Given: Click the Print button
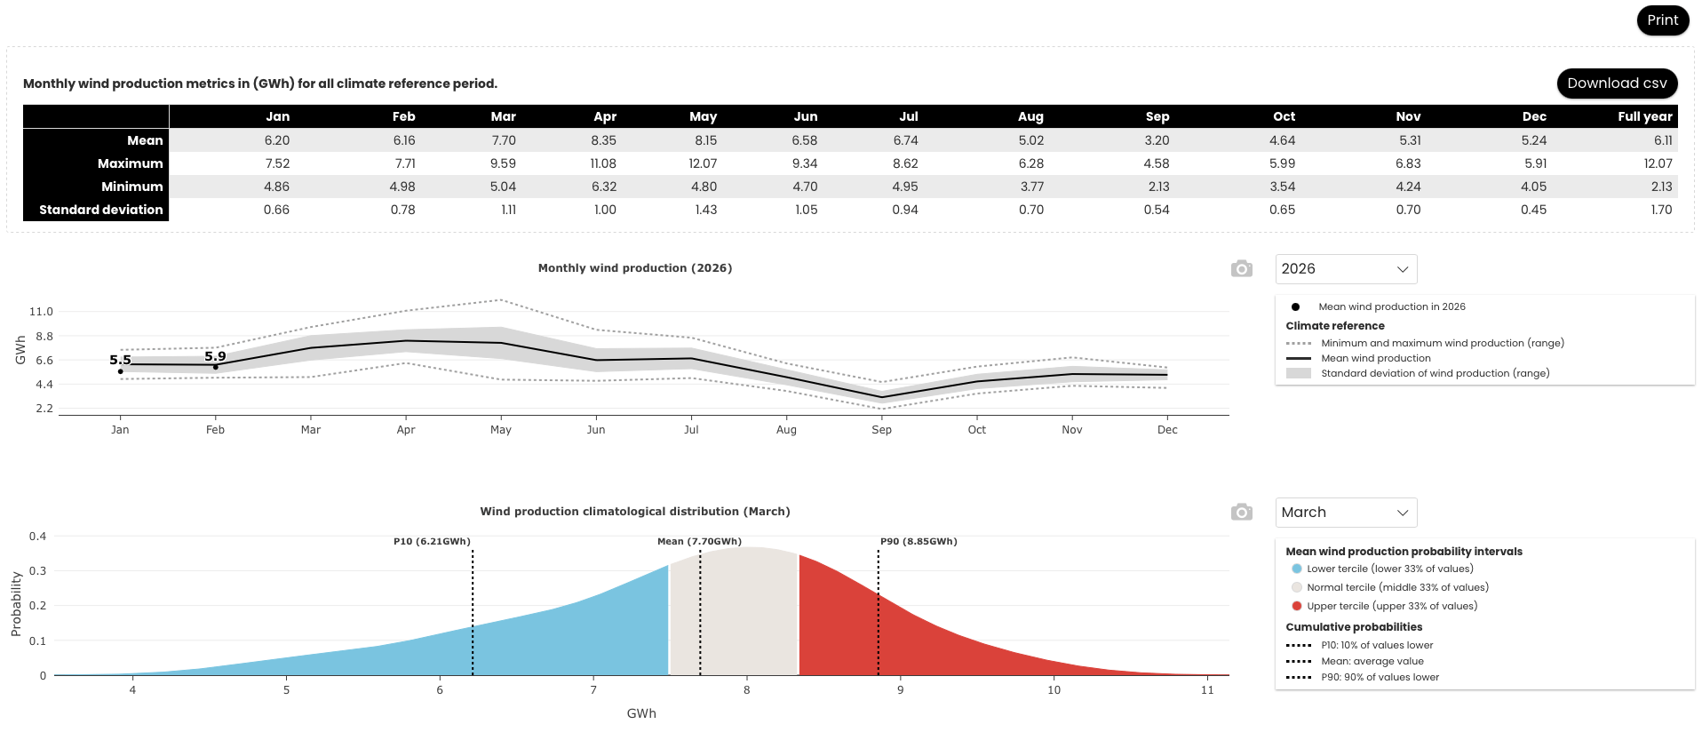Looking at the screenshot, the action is [x=1662, y=20].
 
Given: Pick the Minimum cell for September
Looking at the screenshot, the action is [x=1158, y=187].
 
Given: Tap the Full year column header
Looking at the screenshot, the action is [x=1644, y=116].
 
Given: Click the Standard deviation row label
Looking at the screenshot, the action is [x=101, y=210].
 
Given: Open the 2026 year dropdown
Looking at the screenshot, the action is [x=1346, y=269].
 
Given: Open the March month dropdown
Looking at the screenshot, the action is [x=1346, y=513].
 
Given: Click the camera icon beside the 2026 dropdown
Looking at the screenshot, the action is [x=1241, y=268].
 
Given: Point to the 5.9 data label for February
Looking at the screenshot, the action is [x=215, y=356].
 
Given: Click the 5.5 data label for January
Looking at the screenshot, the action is [x=120, y=360].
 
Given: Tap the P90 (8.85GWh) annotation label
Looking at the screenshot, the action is [x=919, y=541].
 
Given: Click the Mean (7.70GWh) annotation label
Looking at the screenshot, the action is [x=699, y=541].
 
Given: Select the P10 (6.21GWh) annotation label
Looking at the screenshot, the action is [x=432, y=541].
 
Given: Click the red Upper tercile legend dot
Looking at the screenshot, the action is [x=1297, y=606].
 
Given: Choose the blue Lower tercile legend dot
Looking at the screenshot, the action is [x=1297, y=569].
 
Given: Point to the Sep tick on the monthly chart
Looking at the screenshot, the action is [x=881, y=430].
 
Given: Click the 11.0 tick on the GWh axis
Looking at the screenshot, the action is [x=41, y=312].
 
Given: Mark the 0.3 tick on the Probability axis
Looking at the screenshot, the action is [x=37, y=571].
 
